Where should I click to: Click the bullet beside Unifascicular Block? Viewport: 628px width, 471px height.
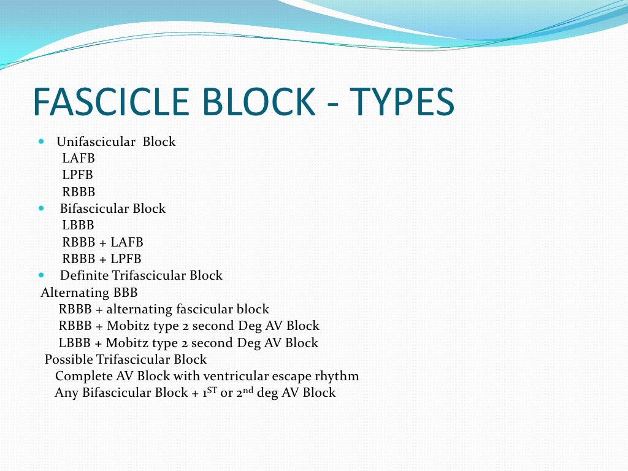[41, 142]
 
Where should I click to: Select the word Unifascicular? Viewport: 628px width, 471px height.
[96, 142]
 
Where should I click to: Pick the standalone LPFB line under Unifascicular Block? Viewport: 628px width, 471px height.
[77, 175]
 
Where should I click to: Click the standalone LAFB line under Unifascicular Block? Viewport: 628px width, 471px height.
[78, 158]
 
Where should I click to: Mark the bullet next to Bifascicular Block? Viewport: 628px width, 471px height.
[41, 209]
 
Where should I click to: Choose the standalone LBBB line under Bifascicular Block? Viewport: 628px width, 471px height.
[78, 226]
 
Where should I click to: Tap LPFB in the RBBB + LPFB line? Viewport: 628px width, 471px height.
[126, 259]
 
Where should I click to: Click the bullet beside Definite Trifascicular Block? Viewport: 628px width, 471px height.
[41, 275]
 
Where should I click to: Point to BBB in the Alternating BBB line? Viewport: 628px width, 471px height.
[125, 293]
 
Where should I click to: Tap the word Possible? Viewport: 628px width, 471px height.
[68, 360]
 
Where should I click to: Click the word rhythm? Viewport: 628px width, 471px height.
[340, 377]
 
